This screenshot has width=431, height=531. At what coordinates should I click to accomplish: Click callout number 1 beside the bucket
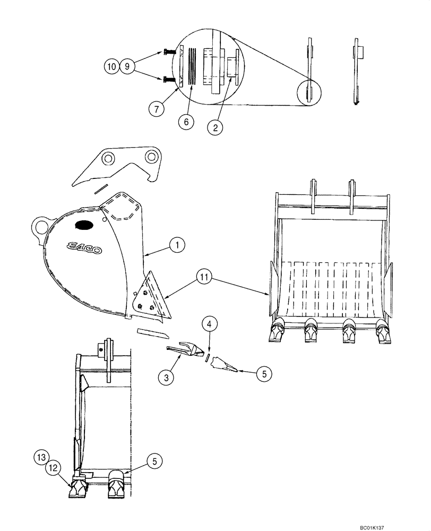tap(177, 244)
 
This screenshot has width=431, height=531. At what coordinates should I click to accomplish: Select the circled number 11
tap(203, 276)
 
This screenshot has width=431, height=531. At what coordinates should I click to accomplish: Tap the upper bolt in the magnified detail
tap(170, 52)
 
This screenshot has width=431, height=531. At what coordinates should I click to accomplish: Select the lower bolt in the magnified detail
tap(170, 80)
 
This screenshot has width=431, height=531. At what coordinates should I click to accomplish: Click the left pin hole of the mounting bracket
tap(109, 158)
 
